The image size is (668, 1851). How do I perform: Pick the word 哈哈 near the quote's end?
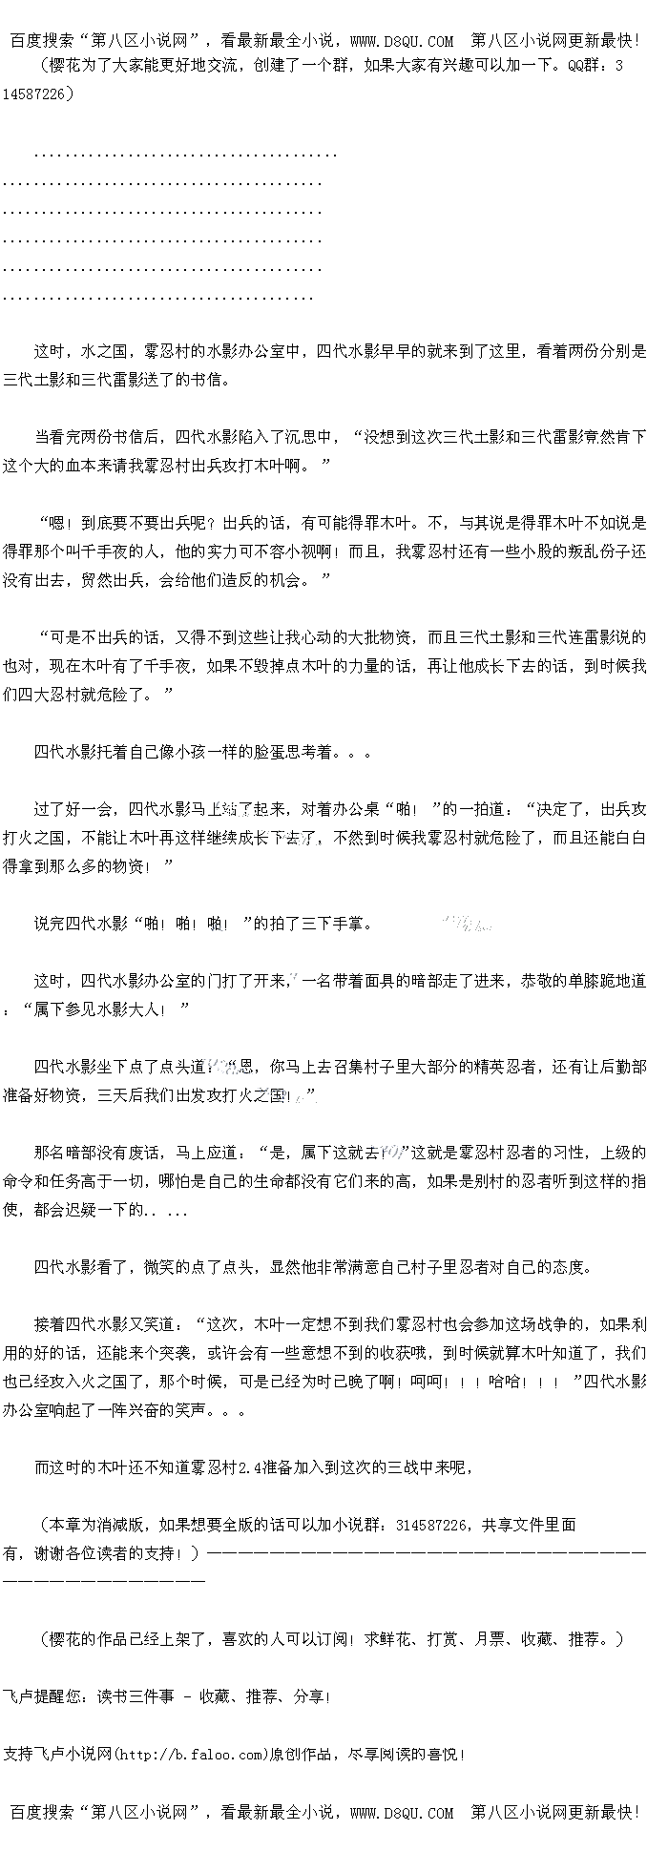click(504, 1382)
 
